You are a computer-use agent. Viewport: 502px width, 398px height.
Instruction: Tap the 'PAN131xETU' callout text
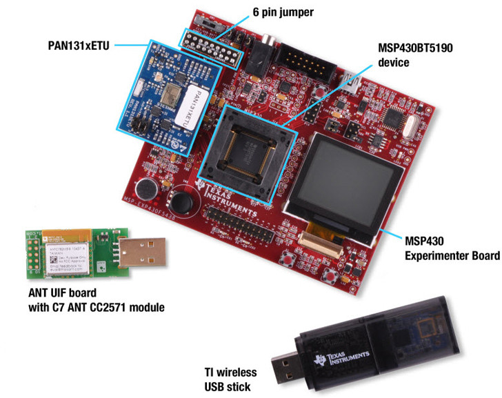click(x=74, y=46)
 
